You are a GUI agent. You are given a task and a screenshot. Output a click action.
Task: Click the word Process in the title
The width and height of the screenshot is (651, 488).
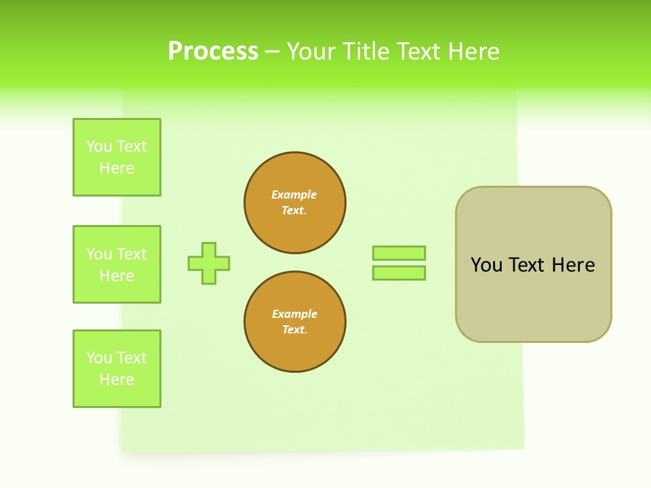coord(213,52)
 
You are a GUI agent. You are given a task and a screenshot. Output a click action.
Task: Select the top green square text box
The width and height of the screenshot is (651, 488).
coord(117,157)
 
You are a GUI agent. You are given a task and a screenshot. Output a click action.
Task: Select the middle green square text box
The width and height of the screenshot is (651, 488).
coord(117,264)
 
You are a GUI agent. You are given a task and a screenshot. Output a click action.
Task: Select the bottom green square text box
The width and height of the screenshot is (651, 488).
coord(117,369)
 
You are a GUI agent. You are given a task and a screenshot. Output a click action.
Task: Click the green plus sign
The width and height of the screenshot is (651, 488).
coord(209,263)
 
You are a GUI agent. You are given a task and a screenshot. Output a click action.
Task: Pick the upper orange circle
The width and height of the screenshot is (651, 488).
coord(295,203)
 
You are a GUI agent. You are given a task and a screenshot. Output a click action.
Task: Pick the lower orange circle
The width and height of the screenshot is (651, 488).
coord(295,322)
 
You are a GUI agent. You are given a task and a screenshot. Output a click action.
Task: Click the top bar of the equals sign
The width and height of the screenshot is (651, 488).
coord(399,253)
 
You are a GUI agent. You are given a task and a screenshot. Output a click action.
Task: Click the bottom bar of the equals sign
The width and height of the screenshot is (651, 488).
coord(399,272)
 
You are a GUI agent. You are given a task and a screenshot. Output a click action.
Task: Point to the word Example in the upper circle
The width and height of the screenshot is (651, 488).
coord(294,195)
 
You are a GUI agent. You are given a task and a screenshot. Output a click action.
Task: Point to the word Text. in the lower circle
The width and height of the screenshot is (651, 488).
coord(294,330)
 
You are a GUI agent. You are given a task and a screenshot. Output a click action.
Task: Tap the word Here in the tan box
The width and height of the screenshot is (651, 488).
coord(573,265)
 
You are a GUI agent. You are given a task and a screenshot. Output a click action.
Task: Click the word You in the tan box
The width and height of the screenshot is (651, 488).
coord(486,265)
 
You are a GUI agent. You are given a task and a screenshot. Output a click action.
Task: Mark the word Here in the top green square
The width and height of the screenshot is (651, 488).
coord(117,168)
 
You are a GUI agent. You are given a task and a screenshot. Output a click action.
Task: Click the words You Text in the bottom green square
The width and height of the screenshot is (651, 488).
coord(117,358)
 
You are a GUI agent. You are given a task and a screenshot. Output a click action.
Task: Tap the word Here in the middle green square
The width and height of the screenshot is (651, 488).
coord(117,276)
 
